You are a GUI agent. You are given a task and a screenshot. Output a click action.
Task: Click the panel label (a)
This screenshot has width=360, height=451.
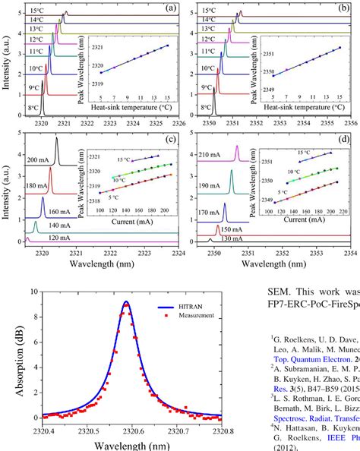tap(171, 9)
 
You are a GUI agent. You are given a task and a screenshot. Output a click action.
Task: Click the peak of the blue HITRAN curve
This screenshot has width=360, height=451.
tap(126, 302)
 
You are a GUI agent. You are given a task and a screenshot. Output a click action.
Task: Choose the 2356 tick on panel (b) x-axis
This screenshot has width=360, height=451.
tap(349, 122)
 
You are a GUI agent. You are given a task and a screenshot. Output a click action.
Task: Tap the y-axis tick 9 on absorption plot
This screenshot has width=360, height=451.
tap(30, 302)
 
